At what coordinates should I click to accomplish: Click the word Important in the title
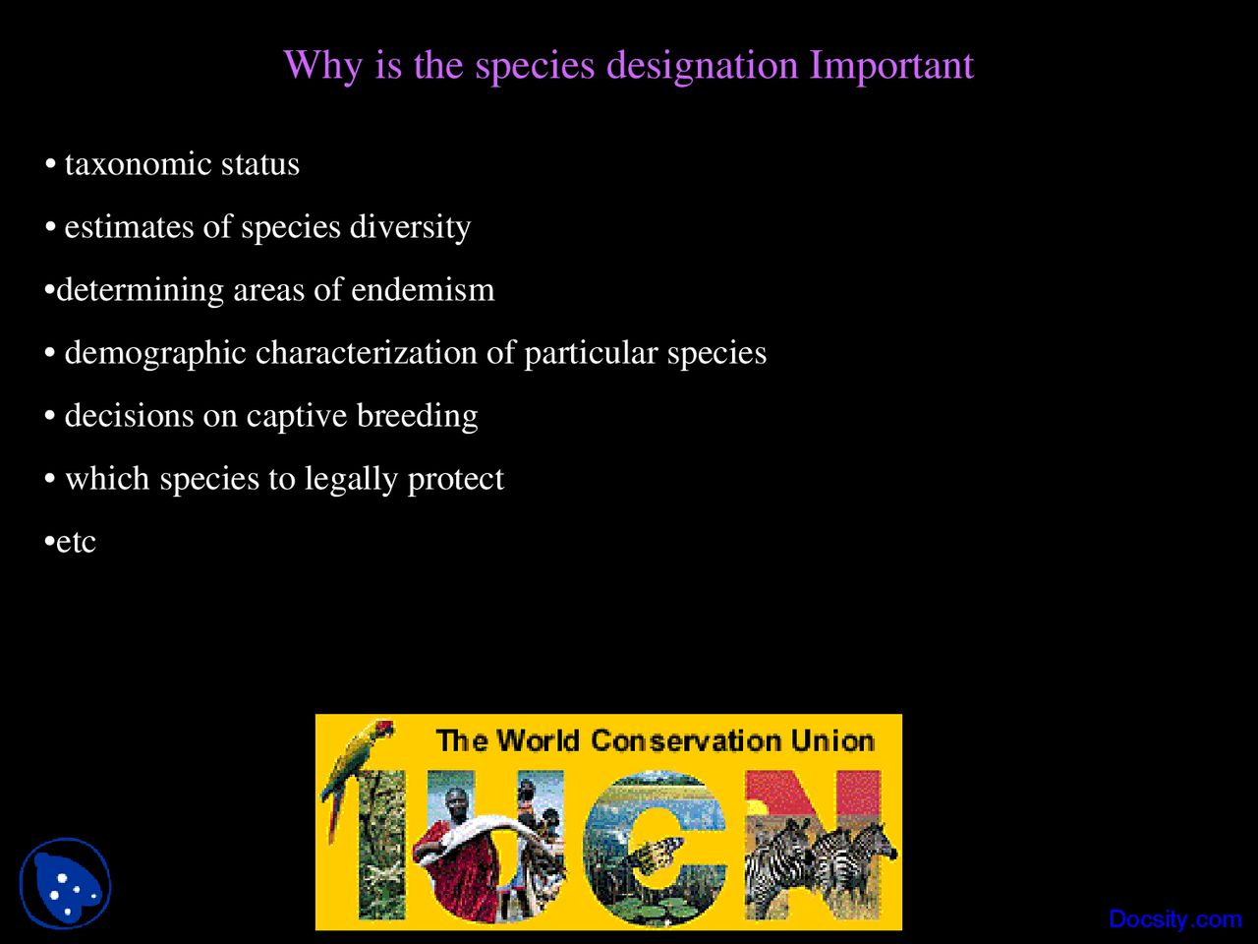pyautogui.click(x=891, y=66)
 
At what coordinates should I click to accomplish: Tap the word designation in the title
pyautogui.click(x=702, y=66)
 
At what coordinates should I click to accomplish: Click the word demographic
pyautogui.click(x=154, y=353)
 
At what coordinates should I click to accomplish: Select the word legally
pyautogui.click(x=351, y=479)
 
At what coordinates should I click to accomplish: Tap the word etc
pyautogui.click(x=76, y=542)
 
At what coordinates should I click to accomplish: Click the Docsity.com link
pyautogui.click(x=1174, y=919)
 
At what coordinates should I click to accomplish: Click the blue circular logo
pyautogui.click(x=65, y=883)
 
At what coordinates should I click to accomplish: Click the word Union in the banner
pyautogui.click(x=833, y=740)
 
